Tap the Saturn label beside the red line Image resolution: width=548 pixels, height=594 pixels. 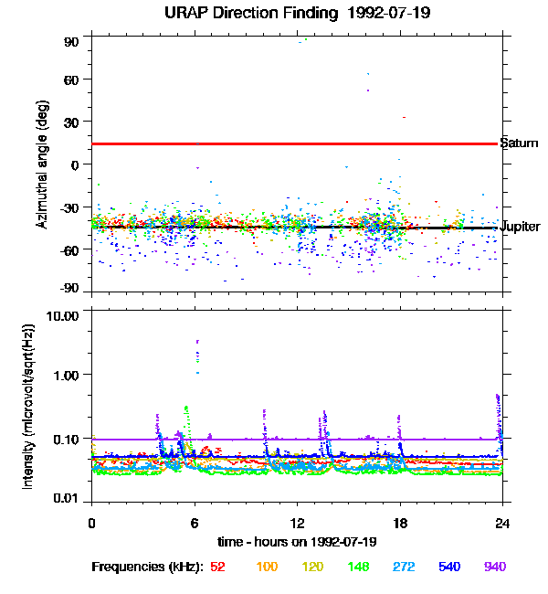click(x=519, y=143)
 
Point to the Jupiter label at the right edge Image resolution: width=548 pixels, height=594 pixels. click(x=521, y=227)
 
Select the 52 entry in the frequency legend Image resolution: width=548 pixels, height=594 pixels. click(x=217, y=567)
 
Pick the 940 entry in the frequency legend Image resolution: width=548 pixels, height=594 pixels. click(x=494, y=567)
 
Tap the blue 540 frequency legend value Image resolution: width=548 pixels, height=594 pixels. click(x=448, y=567)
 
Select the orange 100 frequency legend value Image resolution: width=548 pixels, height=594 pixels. click(x=267, y=567)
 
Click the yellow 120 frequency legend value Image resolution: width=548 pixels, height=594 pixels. click(x=312, y=567)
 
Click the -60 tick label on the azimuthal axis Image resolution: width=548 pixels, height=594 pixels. click(x=68, y=249)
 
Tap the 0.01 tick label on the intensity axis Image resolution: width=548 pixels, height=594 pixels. click(x=68, y=498)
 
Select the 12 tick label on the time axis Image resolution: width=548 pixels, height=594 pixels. click(x=296, y=523)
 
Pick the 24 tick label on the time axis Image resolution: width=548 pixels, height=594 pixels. click(x=501, y=523)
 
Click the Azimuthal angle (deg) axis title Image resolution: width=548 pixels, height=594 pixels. click(x=42, y=164)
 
